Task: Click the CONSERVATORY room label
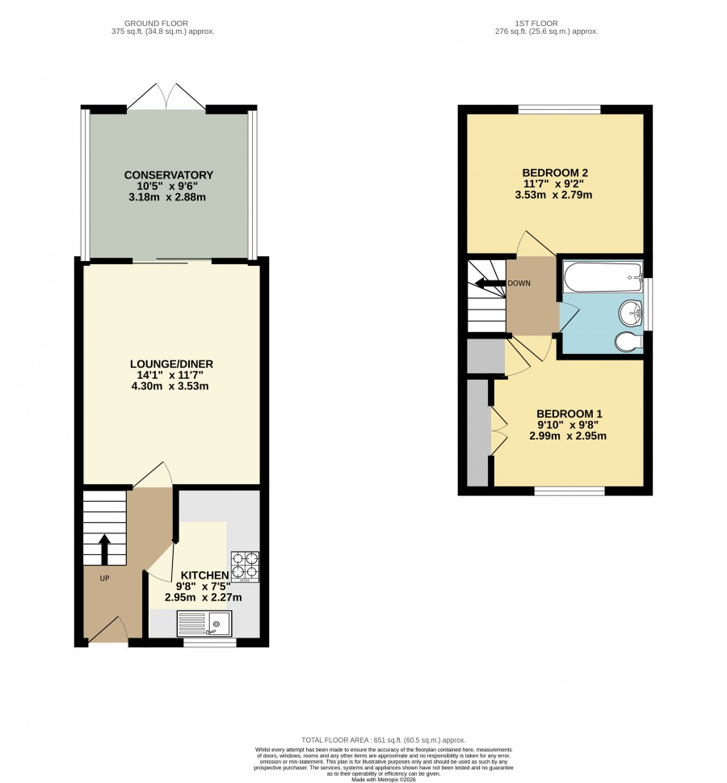168,175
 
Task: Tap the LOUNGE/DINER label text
171,364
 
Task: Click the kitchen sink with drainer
204,624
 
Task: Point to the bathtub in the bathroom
603,277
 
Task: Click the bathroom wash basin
630,313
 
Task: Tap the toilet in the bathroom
628,343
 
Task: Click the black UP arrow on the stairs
104,549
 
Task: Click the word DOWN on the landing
519,283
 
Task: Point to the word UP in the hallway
104,579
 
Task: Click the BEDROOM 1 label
569,414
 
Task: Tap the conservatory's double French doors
166,96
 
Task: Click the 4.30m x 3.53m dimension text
170,386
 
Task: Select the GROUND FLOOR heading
156,23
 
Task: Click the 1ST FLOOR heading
536,23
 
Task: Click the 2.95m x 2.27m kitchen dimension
204,597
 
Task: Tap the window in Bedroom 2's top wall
559,109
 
